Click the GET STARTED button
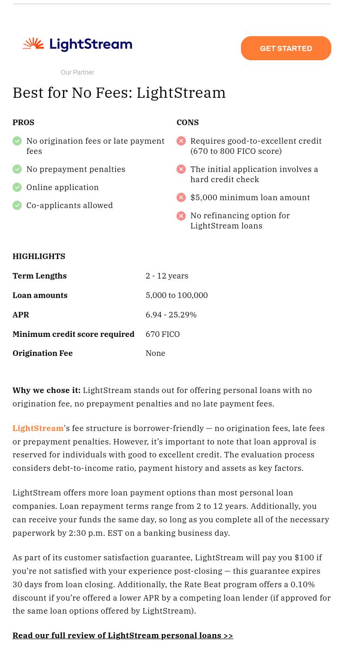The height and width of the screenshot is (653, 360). pyautogui.click(x=286, y=48)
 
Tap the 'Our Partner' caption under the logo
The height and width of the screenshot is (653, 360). pyautogui.click(x=77, y=72)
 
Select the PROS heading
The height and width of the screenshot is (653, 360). pyautogui.click(x=23, y=122)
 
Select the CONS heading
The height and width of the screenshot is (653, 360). pyautogui.click(x=188, y=122)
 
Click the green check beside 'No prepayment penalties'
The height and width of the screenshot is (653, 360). pyautogui.click(x=17, y=169)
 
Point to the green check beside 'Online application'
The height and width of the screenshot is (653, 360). pyautogui.click(x=17, y=187)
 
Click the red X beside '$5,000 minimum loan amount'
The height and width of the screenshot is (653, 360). pyautogui.click(x=181, y=197)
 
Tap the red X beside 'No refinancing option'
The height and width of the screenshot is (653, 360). pyautogui.click(x=181, y=216)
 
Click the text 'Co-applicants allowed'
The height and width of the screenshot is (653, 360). pyautogui.click(x=69, y=205)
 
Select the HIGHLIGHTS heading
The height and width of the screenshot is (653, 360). pyautogui.click(x=39, y=256)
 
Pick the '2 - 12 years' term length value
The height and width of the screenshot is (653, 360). pyautogui.click(x=167, y=276)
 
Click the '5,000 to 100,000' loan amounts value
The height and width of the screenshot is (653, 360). pyautogui.click(x=177, y=295)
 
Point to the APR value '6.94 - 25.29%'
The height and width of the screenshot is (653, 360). pyautogui.click(x=171, y=315)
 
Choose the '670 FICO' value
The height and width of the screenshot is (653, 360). pyautogui.click(x=163, y=334)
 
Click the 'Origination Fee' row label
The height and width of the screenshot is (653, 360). pyautogui.click(x=43, y=353)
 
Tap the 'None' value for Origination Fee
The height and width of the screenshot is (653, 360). pyautogui.click(x=155, y=353)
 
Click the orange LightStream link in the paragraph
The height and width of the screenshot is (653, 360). pyautogui.click(x=38, y=428)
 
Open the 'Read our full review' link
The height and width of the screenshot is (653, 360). pyautogui.click(x=123, y=635)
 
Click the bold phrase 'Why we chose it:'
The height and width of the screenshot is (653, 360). pyautogui.click(x=46, y=390)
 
